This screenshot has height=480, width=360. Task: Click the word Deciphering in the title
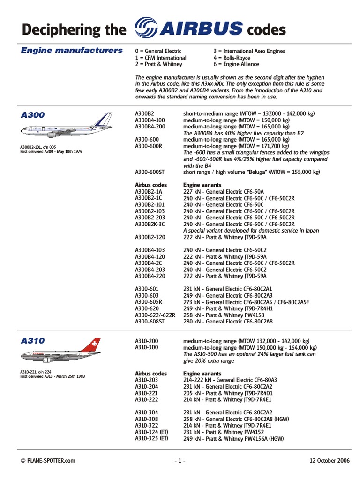pos(61,30)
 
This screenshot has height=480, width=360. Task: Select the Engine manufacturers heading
pos(72,51)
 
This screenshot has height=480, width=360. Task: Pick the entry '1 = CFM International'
pos(160,58)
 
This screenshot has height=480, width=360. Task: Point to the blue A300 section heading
pos(33,115)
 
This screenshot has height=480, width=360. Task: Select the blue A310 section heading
pos(33,341)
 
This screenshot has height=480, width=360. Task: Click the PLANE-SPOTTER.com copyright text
pos(48,461)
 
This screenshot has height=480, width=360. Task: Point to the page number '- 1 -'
pos(180,461)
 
